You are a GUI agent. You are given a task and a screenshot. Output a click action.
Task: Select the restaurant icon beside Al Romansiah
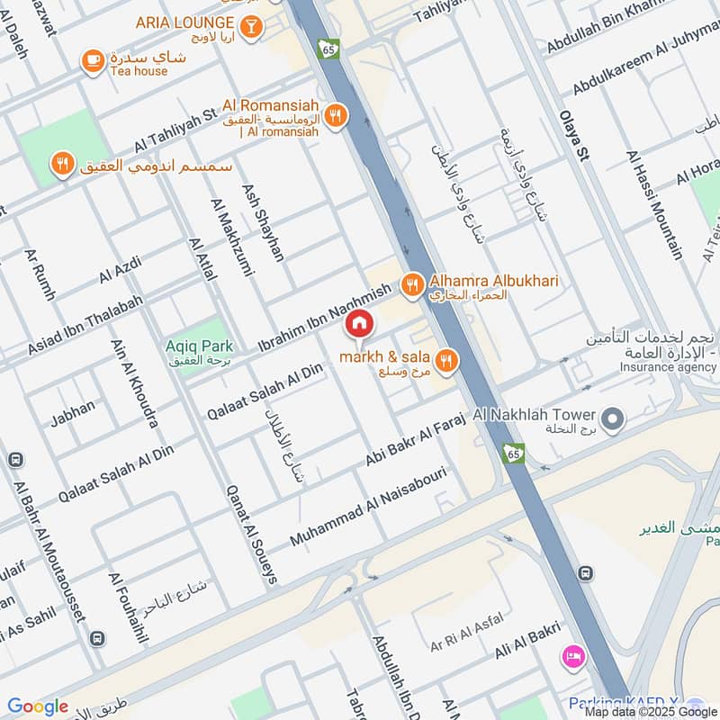point(336,115)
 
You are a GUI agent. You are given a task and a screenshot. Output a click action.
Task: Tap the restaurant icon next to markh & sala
point(445,362)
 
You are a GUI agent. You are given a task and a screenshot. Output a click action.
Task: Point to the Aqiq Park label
point(199,346)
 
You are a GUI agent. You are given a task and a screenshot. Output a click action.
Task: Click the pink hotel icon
point(571,654)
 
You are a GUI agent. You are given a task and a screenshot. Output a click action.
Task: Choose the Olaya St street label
point(573,135)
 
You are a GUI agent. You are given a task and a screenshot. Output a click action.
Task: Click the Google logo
point(37,706)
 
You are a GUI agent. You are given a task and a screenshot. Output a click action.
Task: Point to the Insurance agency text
point(667,367)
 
